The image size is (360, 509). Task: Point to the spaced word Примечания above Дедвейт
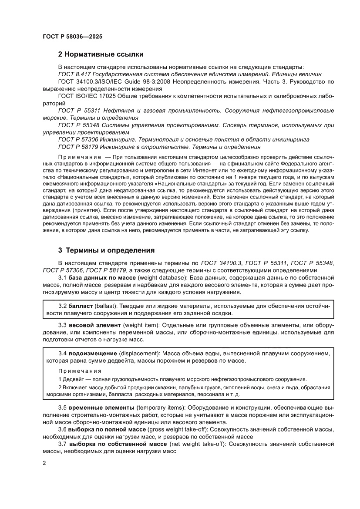tap(80, 371)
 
